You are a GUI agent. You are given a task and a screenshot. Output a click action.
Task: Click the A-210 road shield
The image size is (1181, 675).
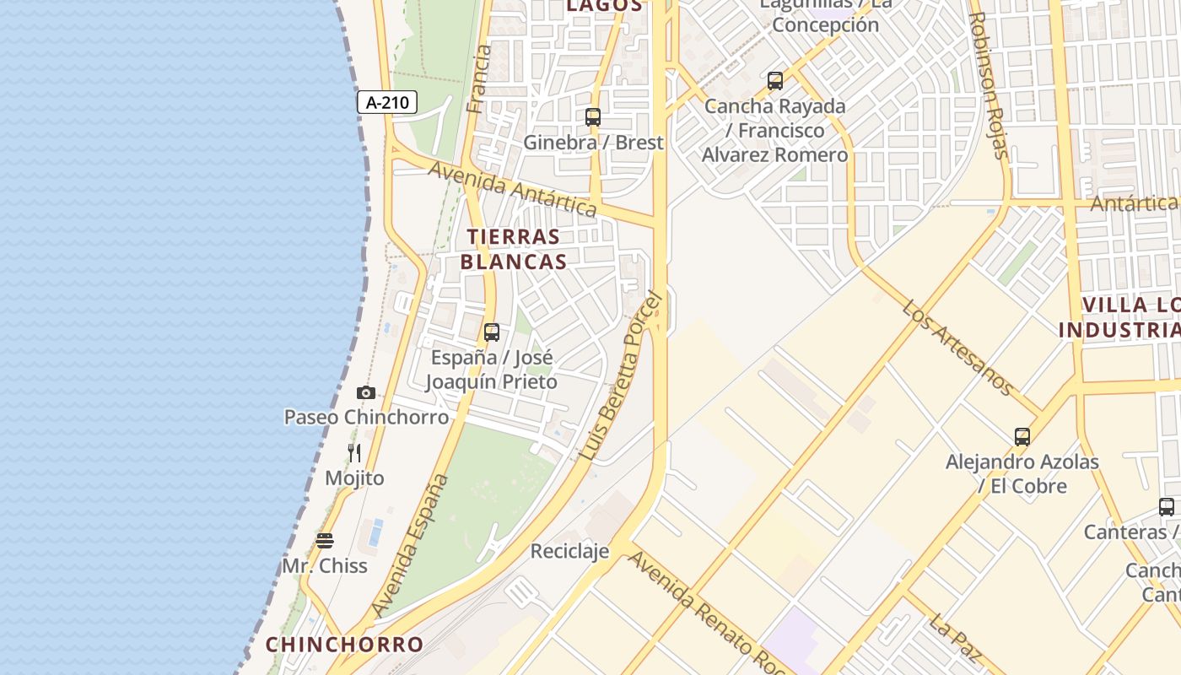coord(387,103)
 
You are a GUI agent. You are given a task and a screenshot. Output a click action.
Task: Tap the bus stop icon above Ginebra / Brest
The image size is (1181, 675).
coord(593,117)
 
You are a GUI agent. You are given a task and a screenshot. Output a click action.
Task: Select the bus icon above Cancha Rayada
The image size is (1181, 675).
coord(775,81)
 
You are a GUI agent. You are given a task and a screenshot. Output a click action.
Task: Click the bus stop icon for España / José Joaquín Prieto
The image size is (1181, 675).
coord(492,332)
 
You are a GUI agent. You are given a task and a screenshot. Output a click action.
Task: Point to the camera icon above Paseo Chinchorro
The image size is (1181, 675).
coord(365,392)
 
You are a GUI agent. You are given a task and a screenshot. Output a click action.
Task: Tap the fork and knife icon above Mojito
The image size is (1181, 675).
coord(354,453)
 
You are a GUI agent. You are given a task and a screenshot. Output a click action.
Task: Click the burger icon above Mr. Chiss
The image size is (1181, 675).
coord(325,540)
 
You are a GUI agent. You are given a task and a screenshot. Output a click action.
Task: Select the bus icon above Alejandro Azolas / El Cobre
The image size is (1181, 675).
coord(1022,437)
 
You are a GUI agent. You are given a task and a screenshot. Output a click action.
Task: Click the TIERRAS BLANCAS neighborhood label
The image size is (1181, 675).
coord(514,249)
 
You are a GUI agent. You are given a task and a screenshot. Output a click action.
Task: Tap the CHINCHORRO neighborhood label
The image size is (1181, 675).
coord(344,645)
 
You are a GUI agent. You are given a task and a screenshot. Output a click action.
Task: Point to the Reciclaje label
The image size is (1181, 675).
coord(569,552)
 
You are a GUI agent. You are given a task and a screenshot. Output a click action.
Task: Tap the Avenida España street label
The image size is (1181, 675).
coord(410,544)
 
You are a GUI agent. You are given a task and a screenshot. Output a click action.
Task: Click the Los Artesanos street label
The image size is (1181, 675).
coord(957,347)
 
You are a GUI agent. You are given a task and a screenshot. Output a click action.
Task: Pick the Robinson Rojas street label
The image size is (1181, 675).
coord(989,84)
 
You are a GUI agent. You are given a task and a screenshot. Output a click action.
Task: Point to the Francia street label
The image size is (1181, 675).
coord(478,79)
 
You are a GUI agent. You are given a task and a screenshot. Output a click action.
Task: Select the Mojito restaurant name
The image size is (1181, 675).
coord(354,478)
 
